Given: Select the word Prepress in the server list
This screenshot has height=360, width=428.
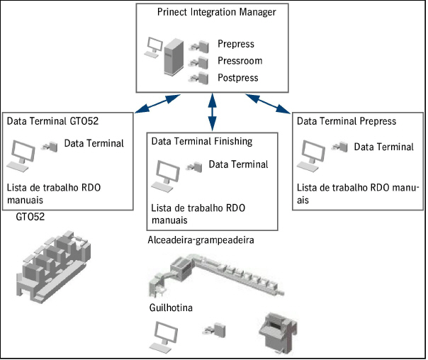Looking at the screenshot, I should (236, 45).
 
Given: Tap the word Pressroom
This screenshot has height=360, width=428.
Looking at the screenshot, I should (239, 61).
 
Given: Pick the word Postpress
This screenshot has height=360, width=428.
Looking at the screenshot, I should (238, 77).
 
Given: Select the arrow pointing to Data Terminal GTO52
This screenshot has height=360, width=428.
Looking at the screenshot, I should (152, 104).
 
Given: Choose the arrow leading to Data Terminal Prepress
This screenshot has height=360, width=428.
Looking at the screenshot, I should (272, 104).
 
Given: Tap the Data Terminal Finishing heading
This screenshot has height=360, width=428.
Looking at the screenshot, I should (202, 141).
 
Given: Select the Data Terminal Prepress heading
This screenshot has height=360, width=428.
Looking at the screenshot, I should (347, 121).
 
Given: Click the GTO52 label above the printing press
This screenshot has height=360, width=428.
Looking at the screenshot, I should (30, 216).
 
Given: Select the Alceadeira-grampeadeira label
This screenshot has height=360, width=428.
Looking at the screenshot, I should (201, 240).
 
